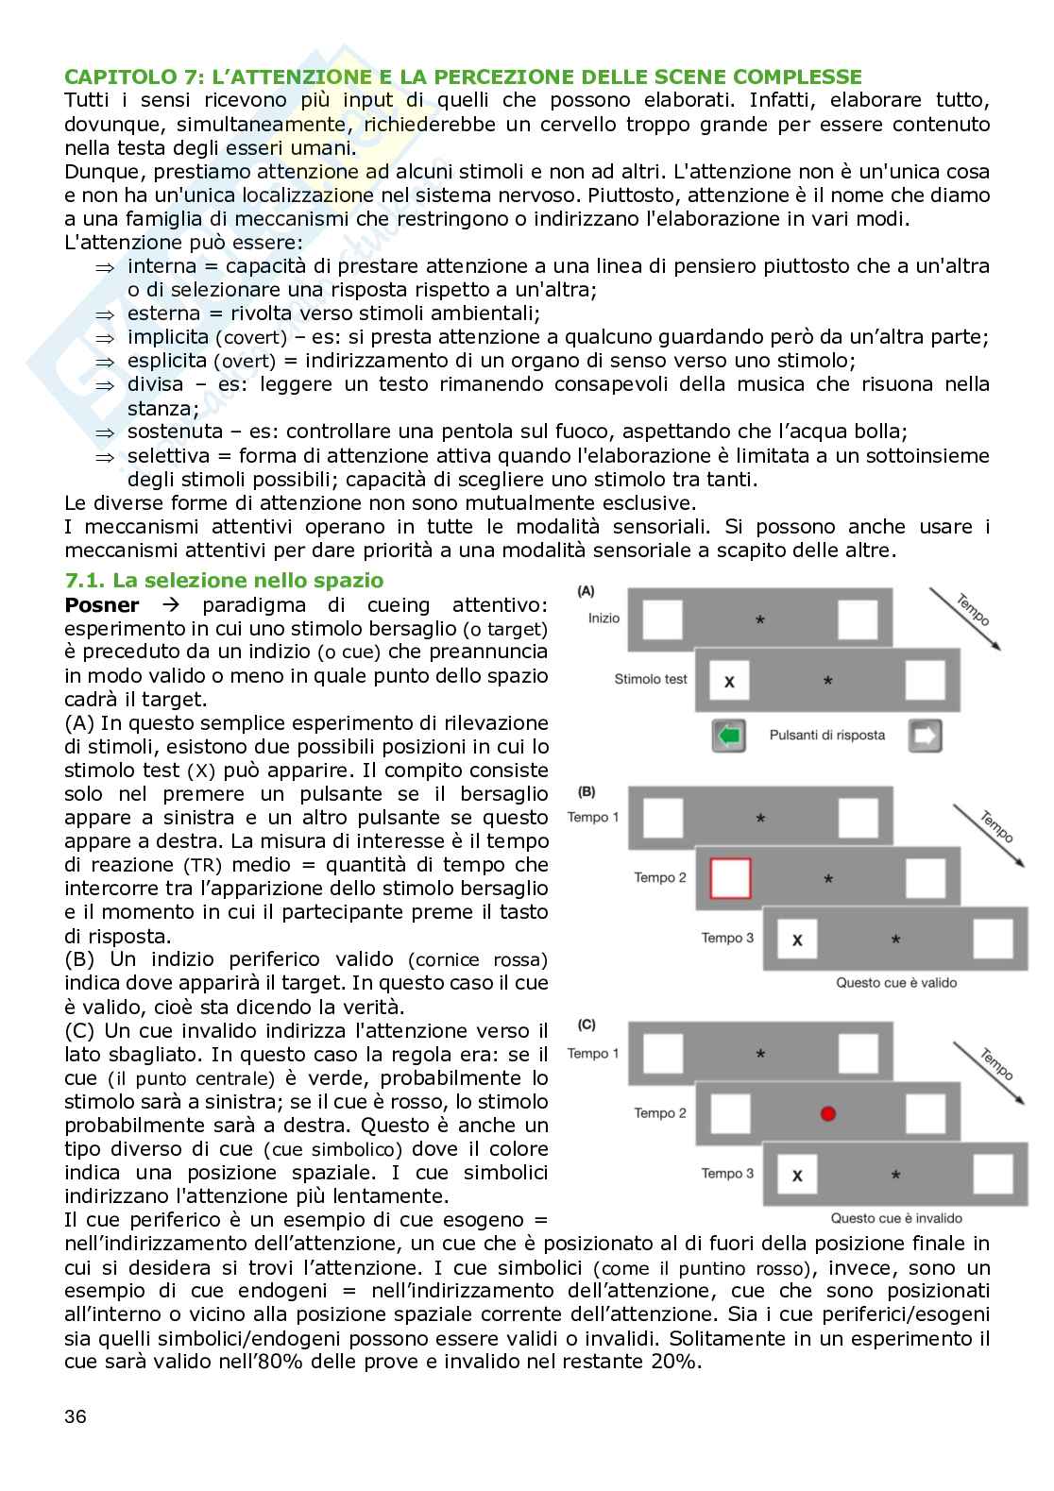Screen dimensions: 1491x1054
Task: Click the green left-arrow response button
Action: [x=729, y=736]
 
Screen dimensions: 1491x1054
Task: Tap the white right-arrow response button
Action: [x=925, y=736]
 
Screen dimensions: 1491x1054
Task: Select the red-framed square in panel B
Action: [x=730, y=878]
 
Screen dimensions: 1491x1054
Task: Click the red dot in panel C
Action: [x=828, y=1113]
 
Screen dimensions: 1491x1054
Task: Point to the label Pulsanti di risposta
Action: [x=827, y=735]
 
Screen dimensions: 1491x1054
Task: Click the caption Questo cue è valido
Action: [x=896, y=983]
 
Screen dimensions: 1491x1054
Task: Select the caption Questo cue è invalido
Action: [x=896, y=1218]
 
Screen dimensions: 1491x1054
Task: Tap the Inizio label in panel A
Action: [x=603, y=618]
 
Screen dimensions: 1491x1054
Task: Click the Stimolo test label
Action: [x=651, y=679]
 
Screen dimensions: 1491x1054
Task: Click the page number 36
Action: [x=76, y=1416]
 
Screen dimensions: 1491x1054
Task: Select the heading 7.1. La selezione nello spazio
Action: [x=224, y=581]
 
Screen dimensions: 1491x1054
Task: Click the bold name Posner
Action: [x=102, y=604]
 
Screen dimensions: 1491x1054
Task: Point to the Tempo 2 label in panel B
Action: [x=660, y=878]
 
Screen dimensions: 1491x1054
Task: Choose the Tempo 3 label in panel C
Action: [x=727, y=1174]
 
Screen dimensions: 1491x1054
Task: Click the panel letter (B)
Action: [x=586, y=792]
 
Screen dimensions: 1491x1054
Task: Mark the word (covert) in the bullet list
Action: [x=250, y=338]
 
